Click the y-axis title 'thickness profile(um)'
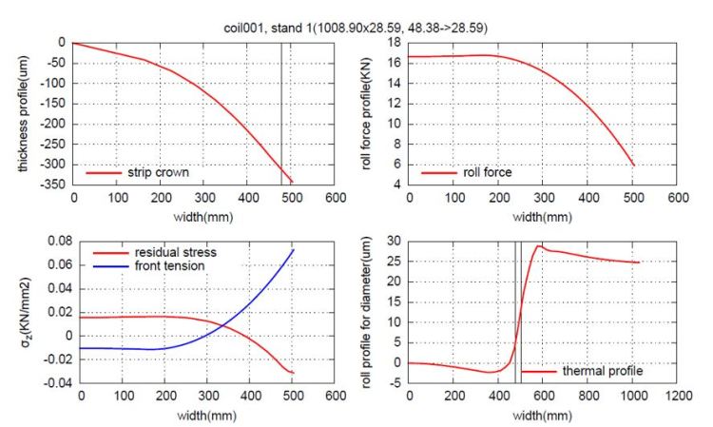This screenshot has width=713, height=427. [20, 112]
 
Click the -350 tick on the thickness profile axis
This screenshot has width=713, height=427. [52, 183]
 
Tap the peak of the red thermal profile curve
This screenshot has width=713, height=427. [540, 246]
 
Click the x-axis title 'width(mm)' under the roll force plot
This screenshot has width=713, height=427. [543, 218]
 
